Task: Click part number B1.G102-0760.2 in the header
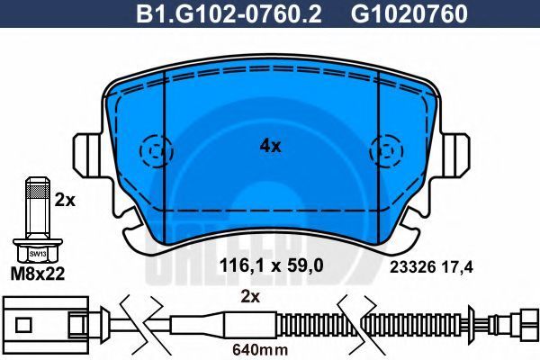click(x=229, y=14)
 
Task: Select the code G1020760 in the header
click(x=409, y=14)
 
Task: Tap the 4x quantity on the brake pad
click(x=270, y=147)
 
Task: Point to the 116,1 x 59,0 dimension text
click(x=272, y=265)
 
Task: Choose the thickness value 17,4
click(x=458, y=267)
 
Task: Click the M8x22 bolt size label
click(x=38, y=274)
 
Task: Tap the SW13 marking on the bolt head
click(x=38, y=254)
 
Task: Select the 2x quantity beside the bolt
click(x=65, y=200)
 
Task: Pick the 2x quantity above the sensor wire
click(x=250, y=297)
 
